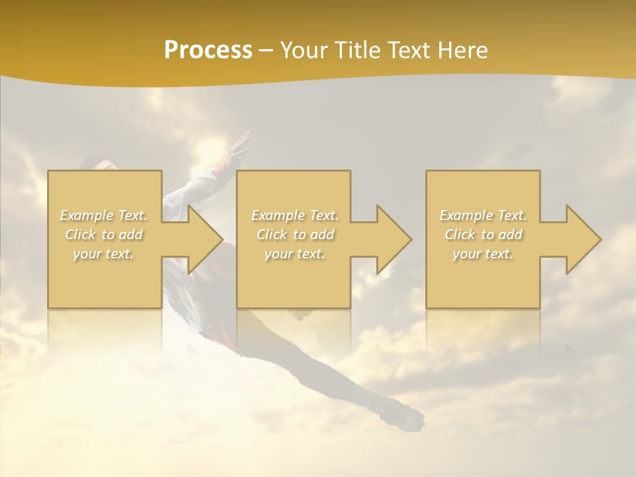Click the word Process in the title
[208, 50]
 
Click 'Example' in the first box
[86, 215]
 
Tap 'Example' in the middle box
[277, 215]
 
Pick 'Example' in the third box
[465, 215]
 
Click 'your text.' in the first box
[103, 254]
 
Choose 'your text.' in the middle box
[294, 254]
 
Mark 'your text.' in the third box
[482, 254]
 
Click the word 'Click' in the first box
[79, 235]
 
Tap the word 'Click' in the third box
[459, 235]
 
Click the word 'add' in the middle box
[322, 235]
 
